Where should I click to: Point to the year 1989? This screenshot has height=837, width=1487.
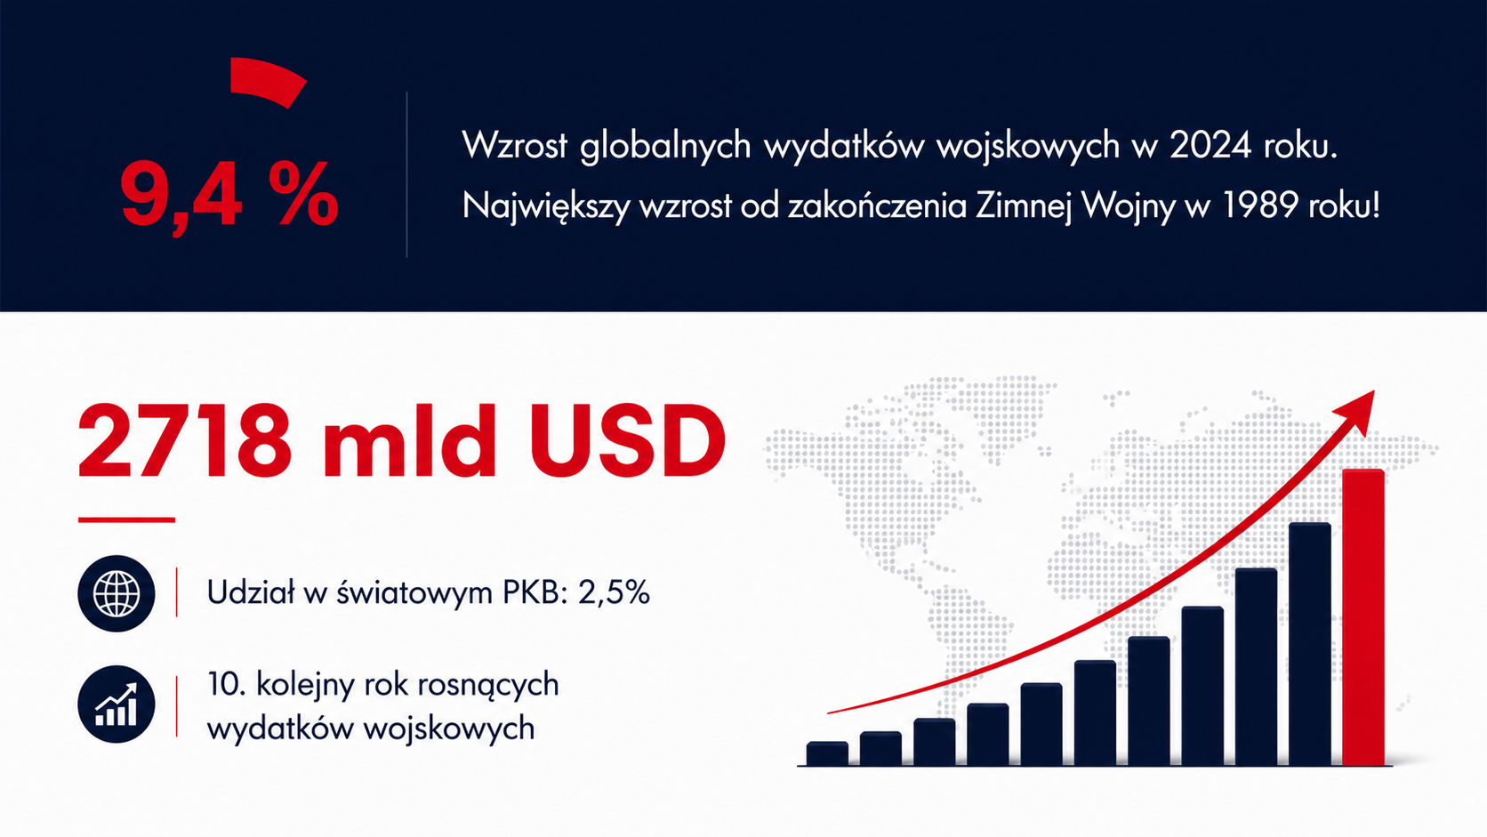pyautogui.click(x=1258, y=205)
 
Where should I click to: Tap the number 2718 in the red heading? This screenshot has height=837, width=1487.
pyautogui.click(x=185, y=440)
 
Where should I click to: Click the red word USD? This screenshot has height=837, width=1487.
pyautogui.click(x=627, y=440)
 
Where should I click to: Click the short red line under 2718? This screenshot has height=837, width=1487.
pyautogui.click(x=126, y=519)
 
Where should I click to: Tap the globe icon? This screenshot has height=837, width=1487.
pyautogui.click(x=117, y=593)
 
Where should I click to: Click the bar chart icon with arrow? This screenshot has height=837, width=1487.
pyautogui.click(x=117, y=704)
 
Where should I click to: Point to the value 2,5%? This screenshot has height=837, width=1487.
pyautogui.click(x=614, y=592)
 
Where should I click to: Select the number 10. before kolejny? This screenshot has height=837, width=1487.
pyautogui.click(x=227, y=684)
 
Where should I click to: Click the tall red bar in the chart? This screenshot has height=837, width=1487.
pyautogui.click(x=1362, y=617)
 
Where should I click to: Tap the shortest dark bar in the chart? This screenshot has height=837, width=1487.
pyautogui.click(x=827, y=753)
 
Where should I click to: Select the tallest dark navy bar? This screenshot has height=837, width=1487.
pyautogui.click(x=1310, y=645)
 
